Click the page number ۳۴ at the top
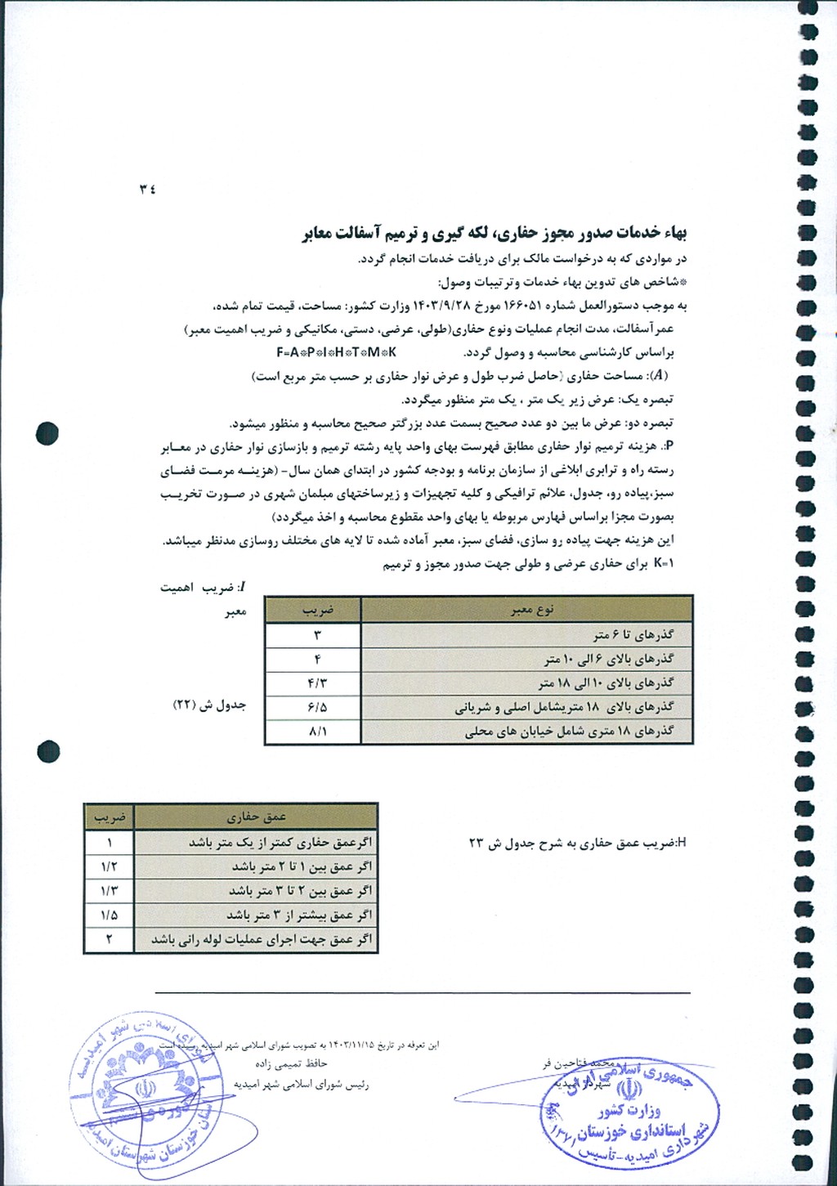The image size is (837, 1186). pos(147,189)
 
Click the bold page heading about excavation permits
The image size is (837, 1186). pos(495,234)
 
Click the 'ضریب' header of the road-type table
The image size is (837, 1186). pos(317,610)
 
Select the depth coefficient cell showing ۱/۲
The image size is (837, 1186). pos(109,866)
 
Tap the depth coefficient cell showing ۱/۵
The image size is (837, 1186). pos(109,915)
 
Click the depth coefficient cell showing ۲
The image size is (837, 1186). pos(109,940)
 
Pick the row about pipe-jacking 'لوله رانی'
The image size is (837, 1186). pos(261,940)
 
